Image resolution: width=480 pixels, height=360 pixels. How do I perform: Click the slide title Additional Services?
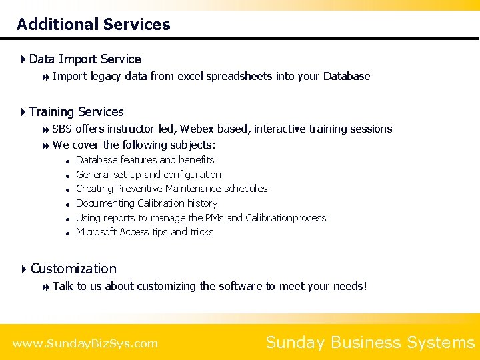(x=93, y=25)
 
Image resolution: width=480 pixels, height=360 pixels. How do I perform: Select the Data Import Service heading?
(x=85, y=59)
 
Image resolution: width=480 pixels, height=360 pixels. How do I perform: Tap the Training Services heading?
(x=76, y=111)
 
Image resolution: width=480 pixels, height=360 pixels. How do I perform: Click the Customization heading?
(x=73, y=269)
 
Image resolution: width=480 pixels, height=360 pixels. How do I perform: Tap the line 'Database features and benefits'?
(x=145, y=160)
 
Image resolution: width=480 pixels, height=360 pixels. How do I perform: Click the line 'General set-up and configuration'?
(x=148, y=175)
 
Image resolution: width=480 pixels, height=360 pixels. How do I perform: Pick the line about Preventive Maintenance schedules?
(x=171, y=189)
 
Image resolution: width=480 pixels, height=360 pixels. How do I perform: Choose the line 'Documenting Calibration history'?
(x=146, y=203)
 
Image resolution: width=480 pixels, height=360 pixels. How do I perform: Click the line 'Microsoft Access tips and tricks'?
(x=145, y=232)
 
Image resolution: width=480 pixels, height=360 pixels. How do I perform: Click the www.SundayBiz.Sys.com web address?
(x=85, y=344)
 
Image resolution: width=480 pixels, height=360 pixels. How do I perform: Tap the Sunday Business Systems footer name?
(x=369, y=343)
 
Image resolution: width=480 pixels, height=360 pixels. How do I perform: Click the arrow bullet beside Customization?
(x=24, y=269)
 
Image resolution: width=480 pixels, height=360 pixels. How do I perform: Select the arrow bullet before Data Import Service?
(x=23, y=59)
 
